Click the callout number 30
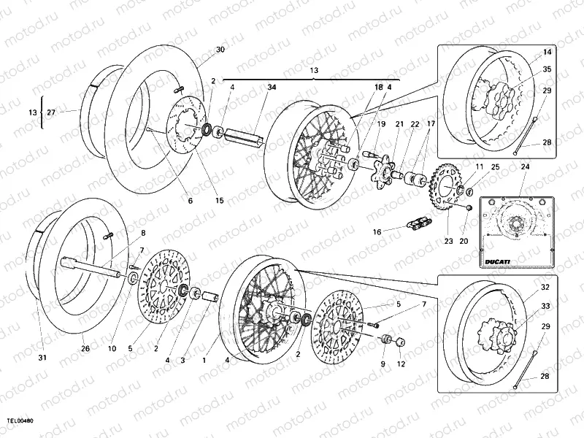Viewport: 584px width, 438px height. [x=220, y=50]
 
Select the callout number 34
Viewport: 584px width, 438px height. [x=272, y=88]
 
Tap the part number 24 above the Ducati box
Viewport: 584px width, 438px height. [x=524, y=166]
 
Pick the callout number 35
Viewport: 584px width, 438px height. [x=547, y=70]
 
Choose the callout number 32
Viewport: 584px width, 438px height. [x=545, y=288]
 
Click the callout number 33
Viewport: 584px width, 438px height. [x=545, y=307]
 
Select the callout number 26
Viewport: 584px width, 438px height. [x=85, y=349]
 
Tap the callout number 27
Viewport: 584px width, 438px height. [x=50, y=112]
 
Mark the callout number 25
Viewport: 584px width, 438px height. [x=495, y=168]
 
